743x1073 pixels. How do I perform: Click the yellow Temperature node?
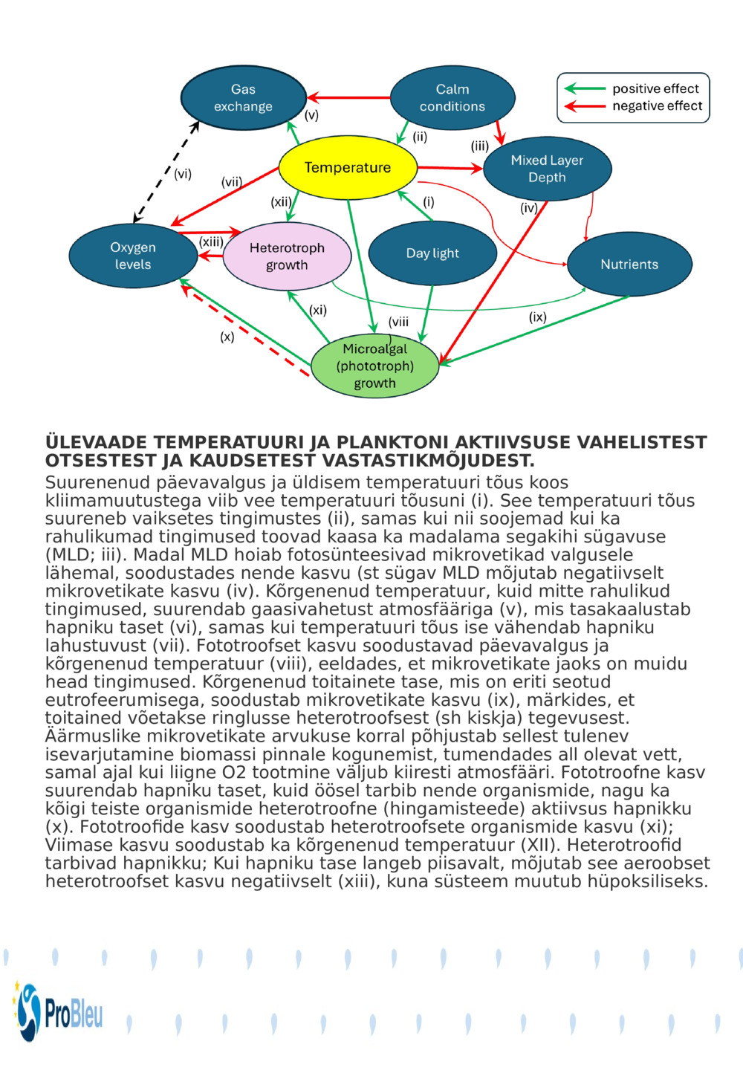click(x=347, y=167)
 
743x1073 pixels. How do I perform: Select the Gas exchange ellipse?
click(x=243, y=98)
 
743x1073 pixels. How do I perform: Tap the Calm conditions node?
click(x=452, y=98)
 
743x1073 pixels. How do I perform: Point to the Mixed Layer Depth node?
click(x=547, y=169)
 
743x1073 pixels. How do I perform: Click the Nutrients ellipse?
click(x=629, y=265)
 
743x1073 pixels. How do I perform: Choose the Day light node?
click(x=432, y=253)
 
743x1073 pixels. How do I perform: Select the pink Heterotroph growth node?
click(x=287, y=256)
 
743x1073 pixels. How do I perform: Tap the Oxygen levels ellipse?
click(x=133, y=256)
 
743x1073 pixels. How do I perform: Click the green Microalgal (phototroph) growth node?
click(x=374, y=366)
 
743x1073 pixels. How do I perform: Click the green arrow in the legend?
click(x=585, y=88)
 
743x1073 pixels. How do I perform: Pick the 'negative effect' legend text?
click(x=657, y=106)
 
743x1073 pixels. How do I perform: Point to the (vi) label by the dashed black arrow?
click(x=183, y=174)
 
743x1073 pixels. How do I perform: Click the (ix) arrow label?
click(x=537, y=317)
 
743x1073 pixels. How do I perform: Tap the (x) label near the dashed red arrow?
click(x=227, y=337)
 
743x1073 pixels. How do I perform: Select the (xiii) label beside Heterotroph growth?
click(x=211, y=241)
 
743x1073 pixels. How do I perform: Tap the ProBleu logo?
click(x=59, y=1012)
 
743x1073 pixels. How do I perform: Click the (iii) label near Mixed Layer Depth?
click(x=479, y=146)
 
